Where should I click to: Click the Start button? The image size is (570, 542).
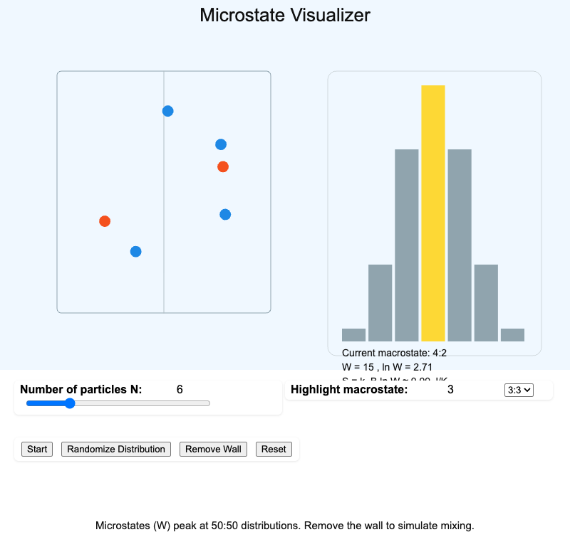pyautogui.click(x=37, y=449)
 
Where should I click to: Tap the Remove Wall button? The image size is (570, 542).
pyautogui.click(x=213, y=449)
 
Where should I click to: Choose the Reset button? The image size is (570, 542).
pyautogui.click(x=274, y=449)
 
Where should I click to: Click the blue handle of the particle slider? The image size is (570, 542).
pyautogui.click(x=70, y=403)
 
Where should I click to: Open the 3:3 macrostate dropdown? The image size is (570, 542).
pyautogui.click(x=518, y=390)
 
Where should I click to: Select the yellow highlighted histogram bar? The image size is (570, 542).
pyautogui.click(x=433, y=213)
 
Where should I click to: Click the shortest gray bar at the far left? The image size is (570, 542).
pyautogui.click(x=353, y=335)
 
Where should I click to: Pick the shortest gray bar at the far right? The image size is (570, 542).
pyautogui.click(x=512, y=335)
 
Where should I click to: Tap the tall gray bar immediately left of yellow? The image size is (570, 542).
pyautogui.click(x=406, y=245)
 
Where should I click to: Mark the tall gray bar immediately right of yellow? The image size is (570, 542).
pyautogui.click(x=460, y=245)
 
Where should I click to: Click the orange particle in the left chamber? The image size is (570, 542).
pyautogui.click(x=105, y=221)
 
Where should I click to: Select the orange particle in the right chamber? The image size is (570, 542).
pyautogui.click(x=223, y=166)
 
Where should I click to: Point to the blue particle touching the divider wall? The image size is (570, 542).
pyautogui.click(x=168, y=111)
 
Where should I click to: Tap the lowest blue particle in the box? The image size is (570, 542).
pyautogui.click(x=136, y=251)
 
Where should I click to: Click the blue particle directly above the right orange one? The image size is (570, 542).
pyautogui.click(x=221, y=144)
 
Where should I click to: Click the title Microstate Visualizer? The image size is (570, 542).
pyautogui.click(x=285, y=15)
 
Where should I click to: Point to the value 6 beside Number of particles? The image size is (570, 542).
pyautogui.click(x=180, y=389)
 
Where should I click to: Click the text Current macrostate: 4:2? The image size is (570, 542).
pyautogui.click(x=394, y=353)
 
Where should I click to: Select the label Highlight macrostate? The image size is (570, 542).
pyautogui.click(x=349, y=389)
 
